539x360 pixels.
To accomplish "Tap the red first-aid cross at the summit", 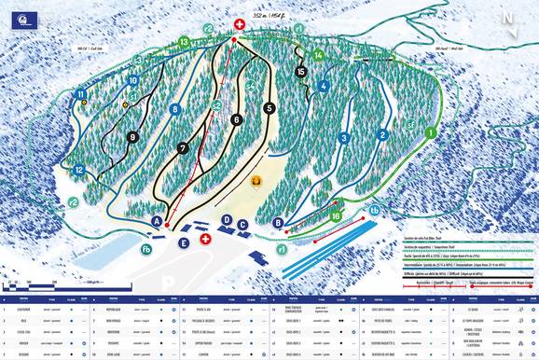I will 240,23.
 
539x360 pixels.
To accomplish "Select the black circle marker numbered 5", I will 269,108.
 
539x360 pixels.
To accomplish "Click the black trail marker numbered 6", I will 237,119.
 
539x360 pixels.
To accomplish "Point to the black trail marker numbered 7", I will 183,148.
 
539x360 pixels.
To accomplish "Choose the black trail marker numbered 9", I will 133,137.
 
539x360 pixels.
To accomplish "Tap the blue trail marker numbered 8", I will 174,109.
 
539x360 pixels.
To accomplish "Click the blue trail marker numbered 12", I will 80,170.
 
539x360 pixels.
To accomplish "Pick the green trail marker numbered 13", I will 184,42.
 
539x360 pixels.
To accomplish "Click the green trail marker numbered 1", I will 430,133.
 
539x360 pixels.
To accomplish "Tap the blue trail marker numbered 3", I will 344,138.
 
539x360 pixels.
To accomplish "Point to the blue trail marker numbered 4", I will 324,86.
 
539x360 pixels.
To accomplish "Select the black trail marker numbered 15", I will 300,71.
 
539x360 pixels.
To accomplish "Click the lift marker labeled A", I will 158,221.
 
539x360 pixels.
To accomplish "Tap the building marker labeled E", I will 184,242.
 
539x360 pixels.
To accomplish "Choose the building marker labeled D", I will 226,219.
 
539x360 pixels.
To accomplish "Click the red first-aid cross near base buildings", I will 205,239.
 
